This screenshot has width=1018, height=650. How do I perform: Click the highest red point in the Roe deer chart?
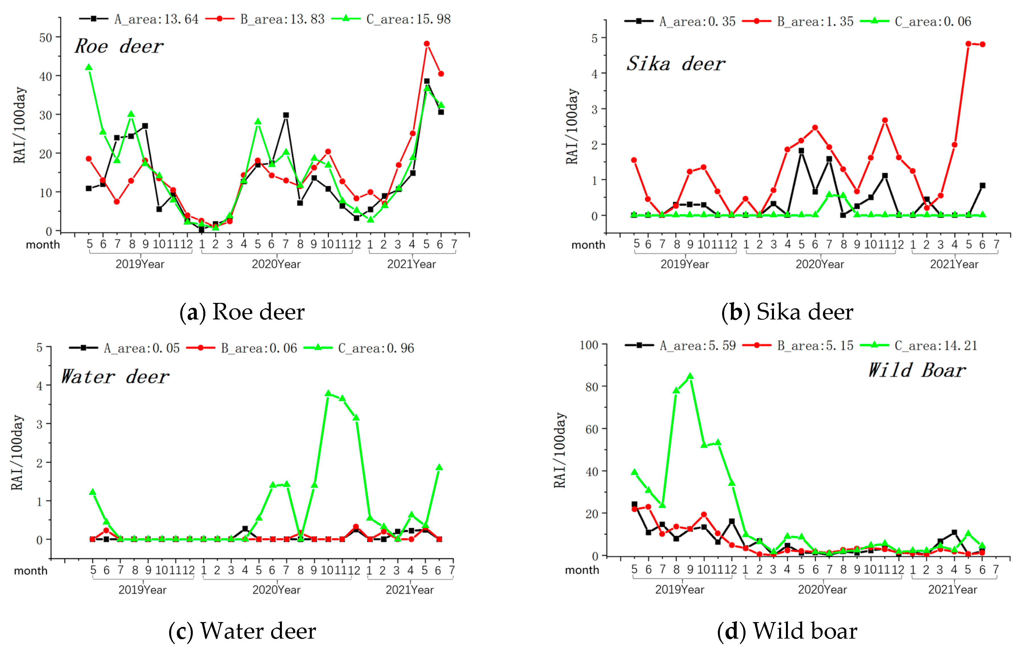[x=427, y=44]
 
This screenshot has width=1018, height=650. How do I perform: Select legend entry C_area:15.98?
[x=391, y=19]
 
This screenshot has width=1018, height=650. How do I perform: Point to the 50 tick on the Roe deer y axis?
[x=45, y=38]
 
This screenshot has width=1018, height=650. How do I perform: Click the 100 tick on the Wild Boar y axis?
[x=589, y=345]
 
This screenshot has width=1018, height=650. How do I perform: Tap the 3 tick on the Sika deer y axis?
[x=594, y=109]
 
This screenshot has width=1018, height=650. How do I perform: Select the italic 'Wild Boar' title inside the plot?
[x=917, y=370]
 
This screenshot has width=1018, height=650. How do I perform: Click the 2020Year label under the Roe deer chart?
[x=276, y=264]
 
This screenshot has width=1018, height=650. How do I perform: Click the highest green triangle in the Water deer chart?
[x=328, y=394]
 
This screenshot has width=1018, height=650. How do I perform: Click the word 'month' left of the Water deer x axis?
[x=30, y=570]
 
